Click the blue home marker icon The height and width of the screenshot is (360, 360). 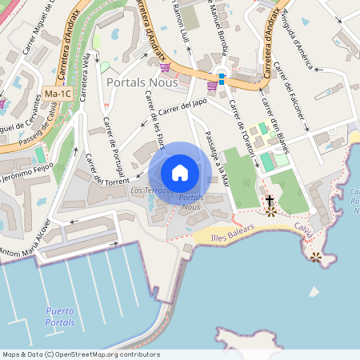[x=180, y=173]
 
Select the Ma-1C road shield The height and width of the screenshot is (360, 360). [x=58, y=94]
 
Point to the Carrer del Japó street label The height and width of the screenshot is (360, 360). [x=183, y=110]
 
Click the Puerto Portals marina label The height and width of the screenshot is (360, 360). [x=61, y=316]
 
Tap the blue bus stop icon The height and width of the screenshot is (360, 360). [x=222, y=78]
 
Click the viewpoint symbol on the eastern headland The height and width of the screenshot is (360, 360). [x=316, y=257]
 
